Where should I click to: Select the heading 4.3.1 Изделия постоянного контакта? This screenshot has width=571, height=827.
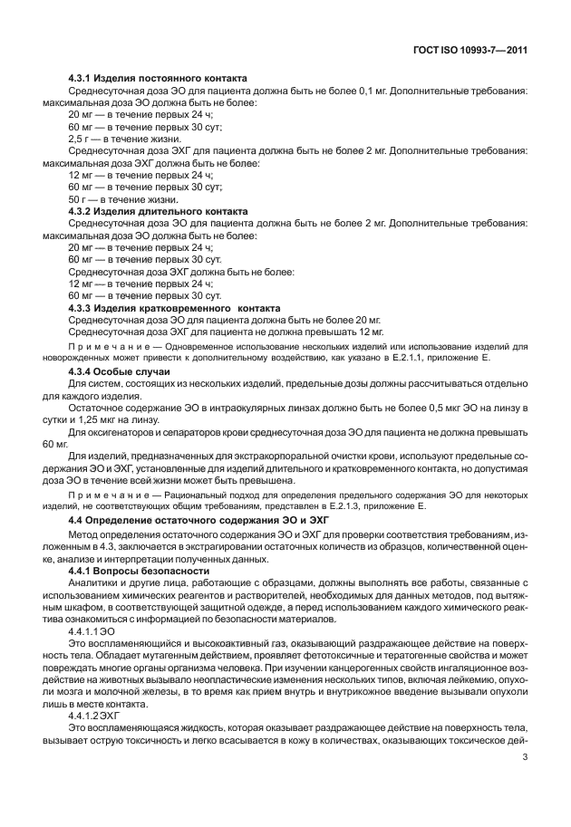[158, 79]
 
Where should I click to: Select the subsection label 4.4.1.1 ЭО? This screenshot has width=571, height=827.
[92, 632]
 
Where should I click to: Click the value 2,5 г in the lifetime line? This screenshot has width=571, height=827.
[80, 139]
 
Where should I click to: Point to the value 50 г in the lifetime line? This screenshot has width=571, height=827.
[78, 199]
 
